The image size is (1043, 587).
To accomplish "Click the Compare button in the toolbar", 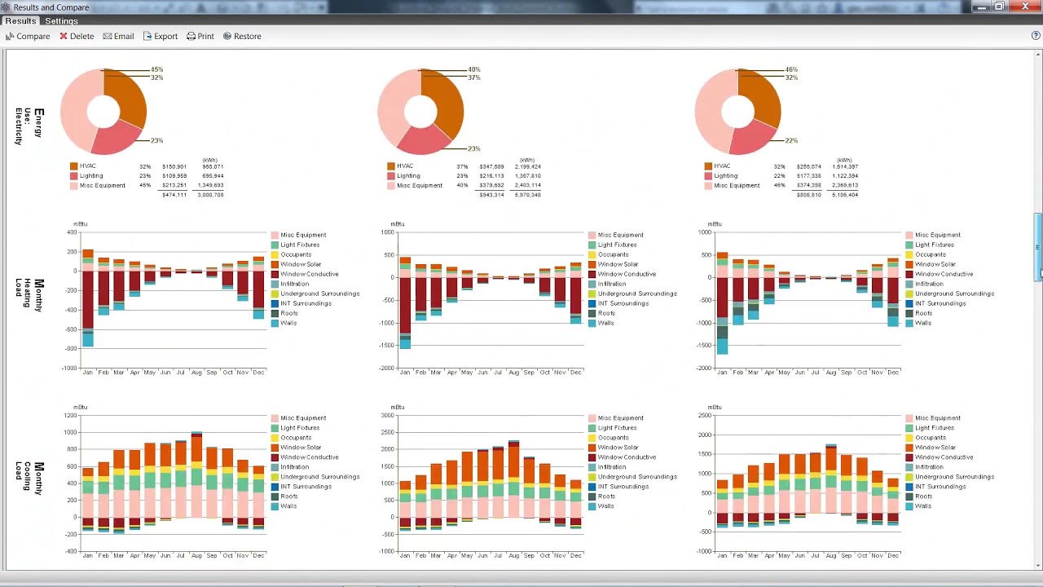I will click(x=29, y=36).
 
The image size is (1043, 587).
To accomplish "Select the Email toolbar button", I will click(x=118, y=36).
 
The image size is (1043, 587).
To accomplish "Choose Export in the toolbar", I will click(x=161, y=36).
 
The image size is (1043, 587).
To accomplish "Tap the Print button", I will click(x=200, y=36).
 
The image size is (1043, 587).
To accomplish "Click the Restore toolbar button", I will click(x=242, y=36).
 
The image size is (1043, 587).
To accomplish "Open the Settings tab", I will click(x=61, y=21).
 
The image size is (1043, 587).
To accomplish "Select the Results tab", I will click(x=20, y=21).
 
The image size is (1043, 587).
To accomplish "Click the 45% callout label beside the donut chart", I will click(x=156, y=69).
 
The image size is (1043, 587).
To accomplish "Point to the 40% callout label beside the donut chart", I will click(x=473, y=69).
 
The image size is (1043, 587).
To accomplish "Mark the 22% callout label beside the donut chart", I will click(x=791, y=141).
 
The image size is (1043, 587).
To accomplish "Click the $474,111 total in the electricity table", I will click(x=174, y=195).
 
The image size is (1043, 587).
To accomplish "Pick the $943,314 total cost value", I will click(x=491, y=195).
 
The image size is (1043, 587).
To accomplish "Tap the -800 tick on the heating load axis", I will click(x=71, y=349).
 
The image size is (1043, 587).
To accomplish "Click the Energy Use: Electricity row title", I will click(x=29, y=126).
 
